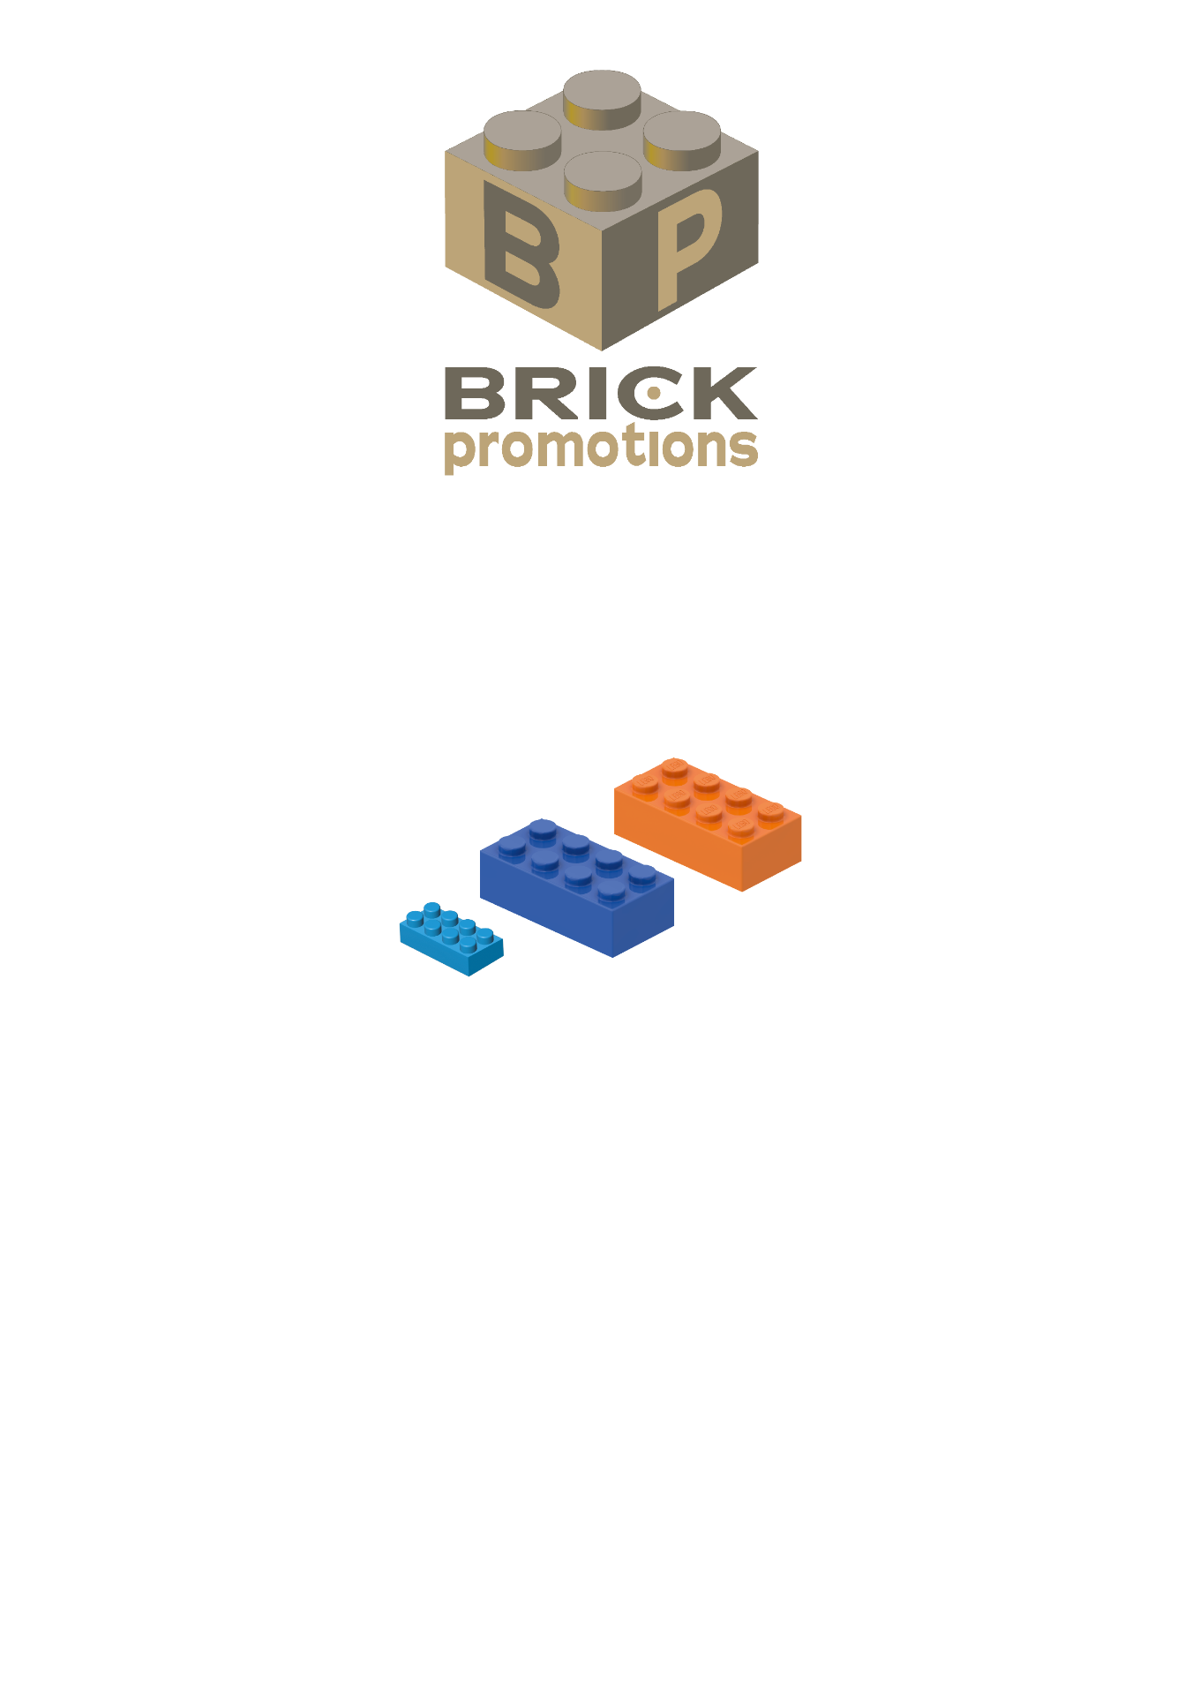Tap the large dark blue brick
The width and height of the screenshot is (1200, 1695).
click(x=577, y=887)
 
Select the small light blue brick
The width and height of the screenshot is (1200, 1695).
click(x=451, y=938)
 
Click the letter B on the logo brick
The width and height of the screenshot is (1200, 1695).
click(x=521, y=242)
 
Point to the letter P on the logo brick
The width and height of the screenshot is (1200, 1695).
click(x=687, y=242)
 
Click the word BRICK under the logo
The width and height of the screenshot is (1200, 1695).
click(x=600, y=394)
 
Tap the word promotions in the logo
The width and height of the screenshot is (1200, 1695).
click(x=600, y=448)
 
